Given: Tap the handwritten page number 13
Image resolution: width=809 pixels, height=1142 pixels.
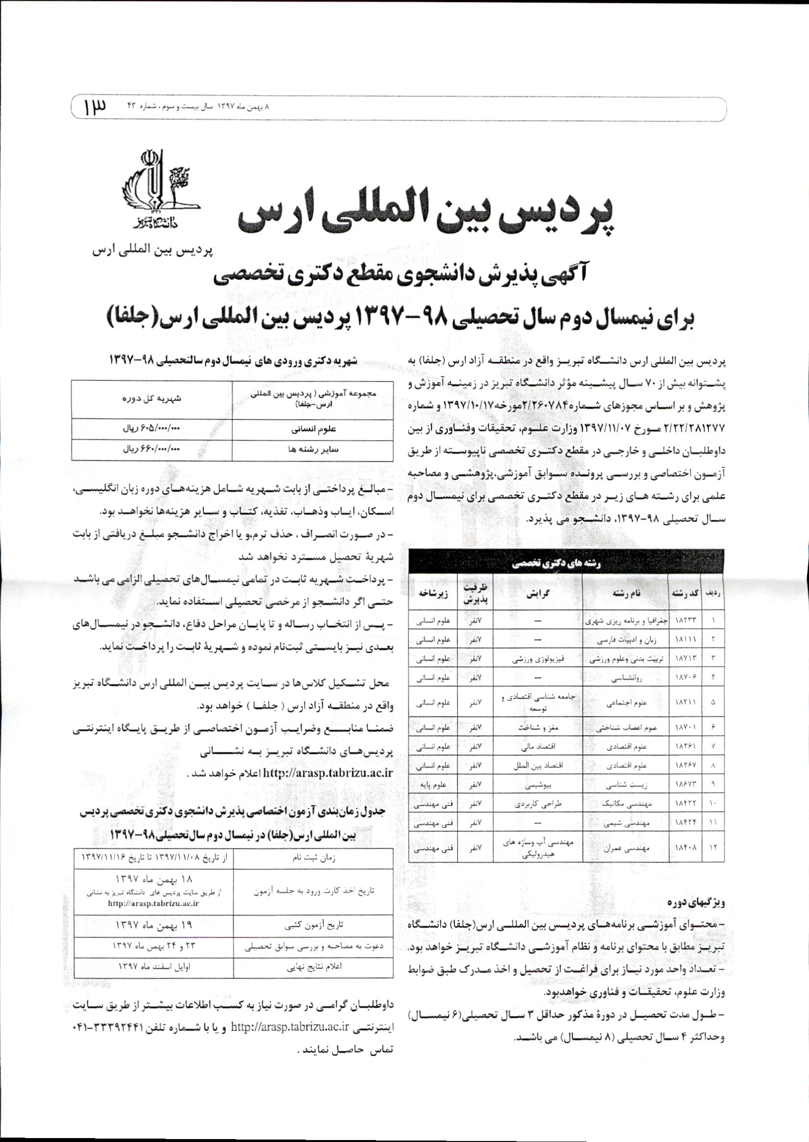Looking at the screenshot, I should (93, 107).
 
